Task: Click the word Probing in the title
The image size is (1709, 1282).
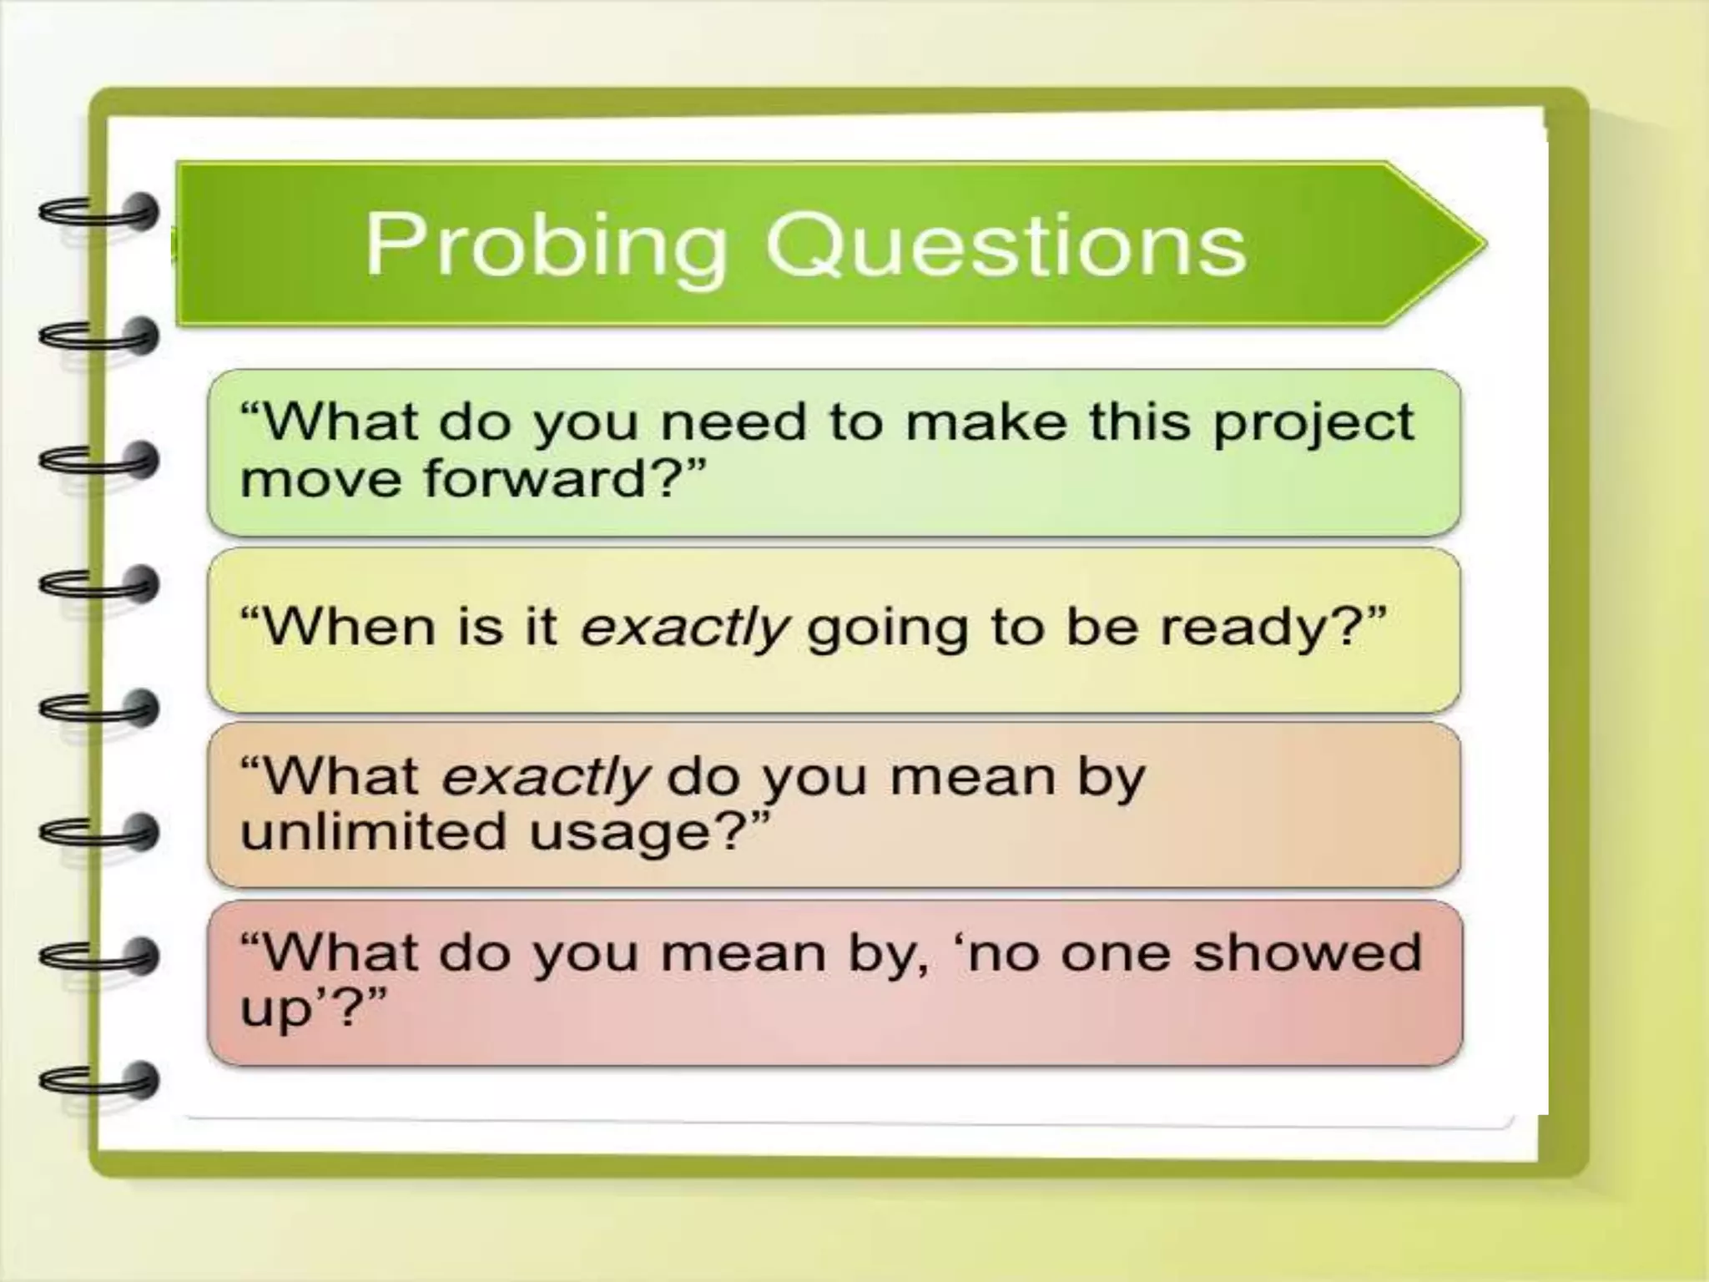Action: pyautogui.click(x=547, y=246)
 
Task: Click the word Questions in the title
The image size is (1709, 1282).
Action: pyautogui.click(x=1006, y=246)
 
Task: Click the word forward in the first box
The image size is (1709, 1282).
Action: pyautogui.click(x=534, y=480)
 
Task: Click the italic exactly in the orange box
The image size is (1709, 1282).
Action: pyautogui.click(x=544, y=778)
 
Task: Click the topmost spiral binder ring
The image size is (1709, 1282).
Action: pyautogui.click(x=100, y=212)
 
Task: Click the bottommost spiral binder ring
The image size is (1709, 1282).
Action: pyautogui.click(x=100, y=1080)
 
